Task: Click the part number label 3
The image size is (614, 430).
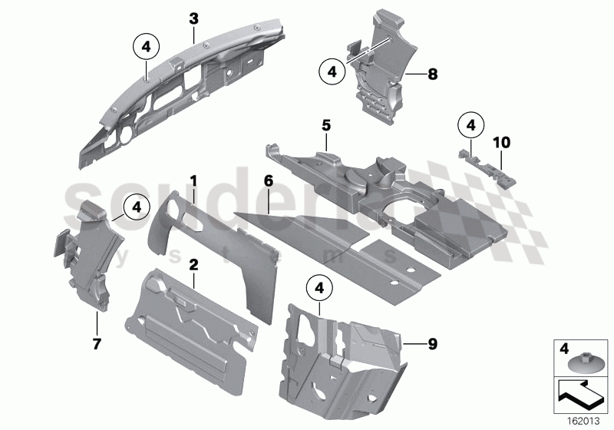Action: (x=194, y=17)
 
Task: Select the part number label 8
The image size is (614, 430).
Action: (x=432, y=74)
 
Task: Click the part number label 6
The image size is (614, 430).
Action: (x=268, y=181)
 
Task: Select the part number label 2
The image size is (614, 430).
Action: (x=194, y=264)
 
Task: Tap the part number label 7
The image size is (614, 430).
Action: (x=97, y=344)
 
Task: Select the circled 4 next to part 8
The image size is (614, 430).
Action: (x=332, y=72)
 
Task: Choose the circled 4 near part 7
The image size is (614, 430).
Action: (x=137, y=206)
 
